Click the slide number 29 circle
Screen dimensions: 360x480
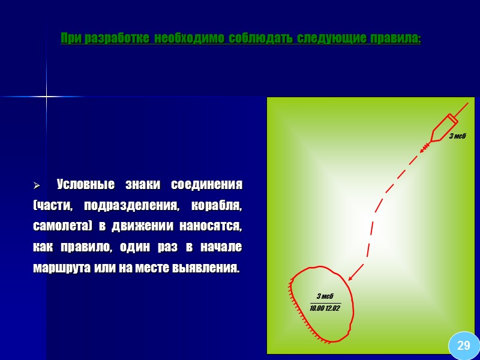click(x=464, y=345)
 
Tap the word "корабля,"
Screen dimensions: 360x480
click(x=217, y=206)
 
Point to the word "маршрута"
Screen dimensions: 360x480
click(x=62, y=268)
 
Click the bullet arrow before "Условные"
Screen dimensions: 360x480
click(x=37, y=184)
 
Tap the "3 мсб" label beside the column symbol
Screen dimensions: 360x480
click(x=457, y=136)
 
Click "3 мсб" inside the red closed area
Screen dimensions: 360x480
click(x=325, y=296)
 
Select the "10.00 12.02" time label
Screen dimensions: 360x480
click(x=325, y=308)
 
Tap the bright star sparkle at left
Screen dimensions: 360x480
click(x=46, y=97)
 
